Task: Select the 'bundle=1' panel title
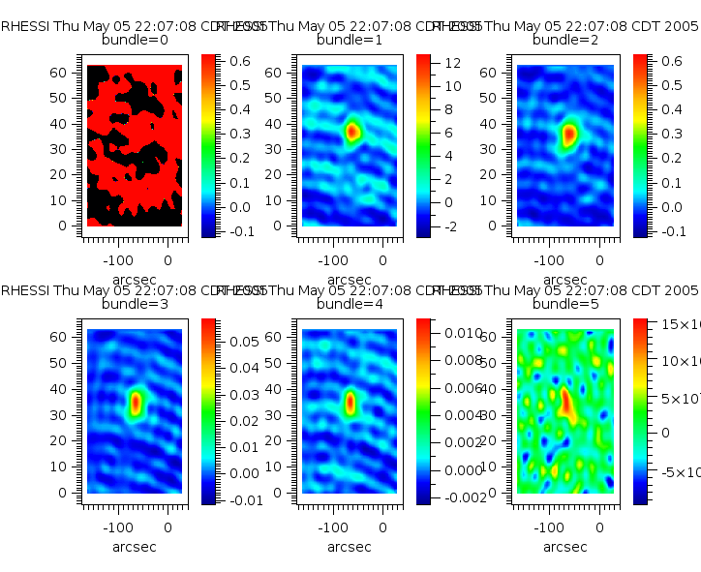[349, 40]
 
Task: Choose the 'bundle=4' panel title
[349, 304]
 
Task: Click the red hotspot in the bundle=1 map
[352, 131]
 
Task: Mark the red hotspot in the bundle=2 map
[569, 134]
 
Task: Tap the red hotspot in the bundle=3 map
[136, 401]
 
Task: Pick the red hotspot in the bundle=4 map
[350, 401]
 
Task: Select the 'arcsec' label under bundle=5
[564, 547]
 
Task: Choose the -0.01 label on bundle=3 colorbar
[242, 499]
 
